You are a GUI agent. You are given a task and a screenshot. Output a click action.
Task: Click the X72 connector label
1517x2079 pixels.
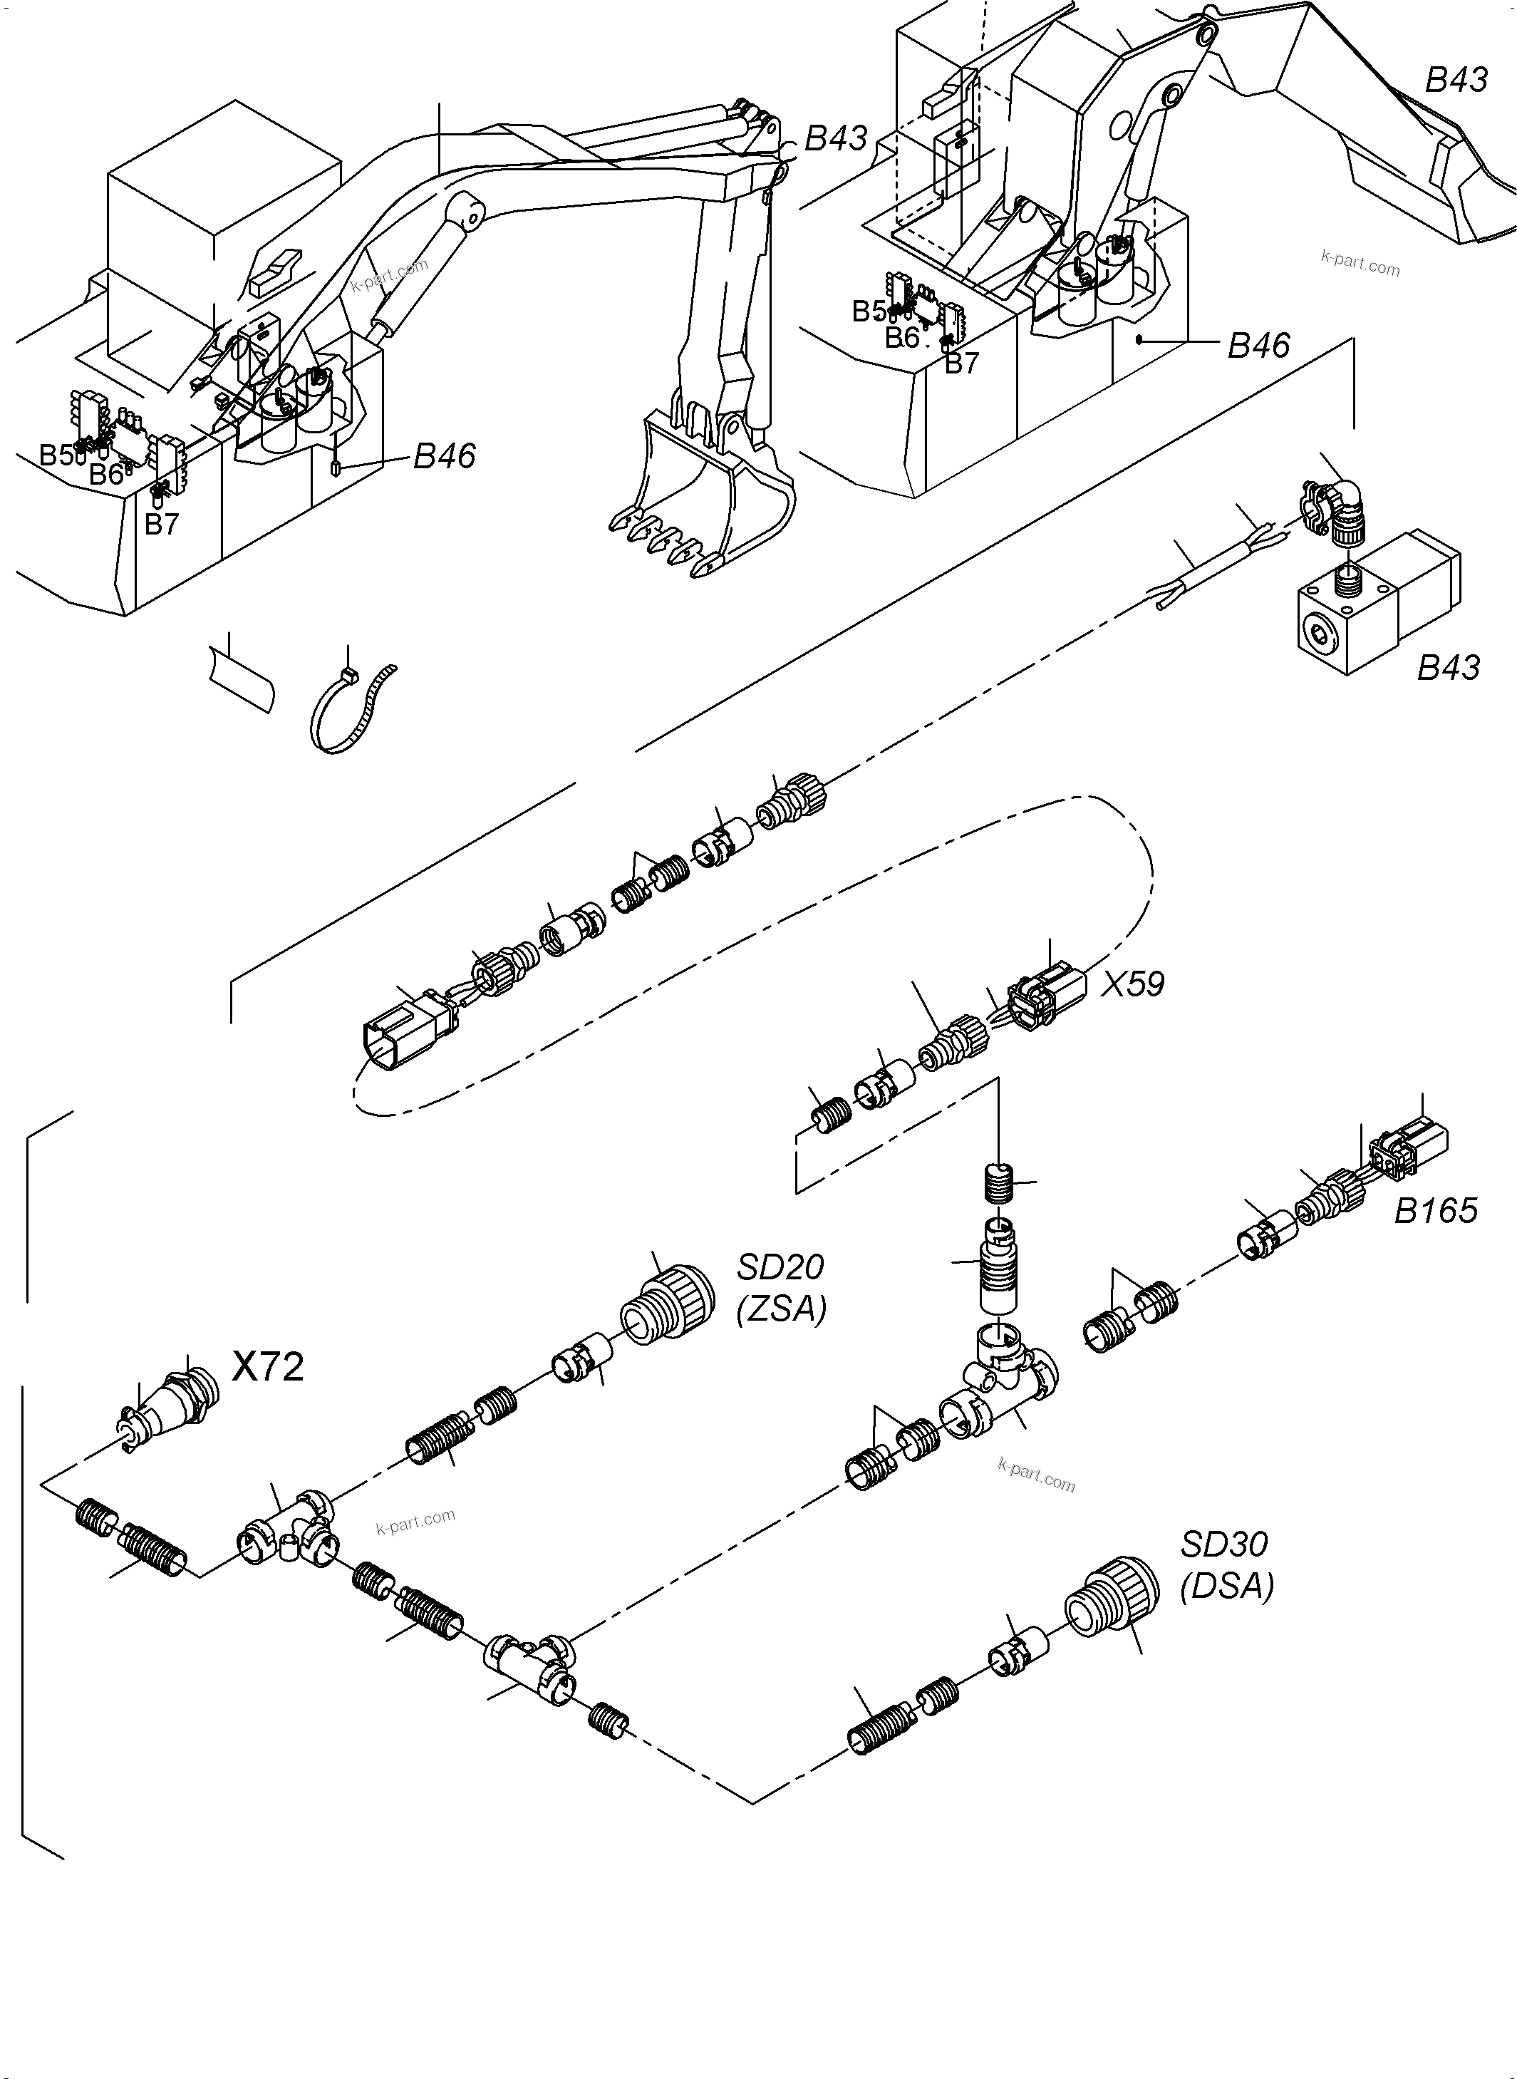[x=267, y=1367]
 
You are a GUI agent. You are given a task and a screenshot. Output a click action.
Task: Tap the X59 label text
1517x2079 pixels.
[x=1132, y=984]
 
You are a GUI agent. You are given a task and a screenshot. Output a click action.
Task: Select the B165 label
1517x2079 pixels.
[x=1435, y=1211]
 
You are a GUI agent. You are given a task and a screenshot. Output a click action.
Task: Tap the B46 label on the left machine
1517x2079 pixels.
[x=445, y=456]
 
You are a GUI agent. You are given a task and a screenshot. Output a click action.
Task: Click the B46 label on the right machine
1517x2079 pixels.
[x=1259, y=345]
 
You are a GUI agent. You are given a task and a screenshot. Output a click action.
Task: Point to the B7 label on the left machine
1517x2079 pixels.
[x=162, y=525]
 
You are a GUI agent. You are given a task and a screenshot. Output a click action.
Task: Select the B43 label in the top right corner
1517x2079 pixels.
[x=1456, y=80]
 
